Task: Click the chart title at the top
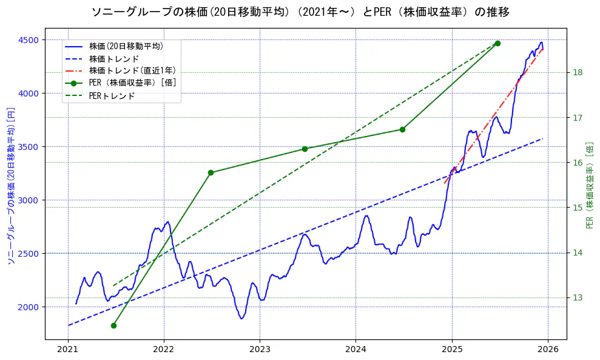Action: pos(300,12)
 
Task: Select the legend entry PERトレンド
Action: pos(112,96)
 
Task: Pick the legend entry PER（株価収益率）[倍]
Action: pos(133,83)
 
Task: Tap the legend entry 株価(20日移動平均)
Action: pos(126,46)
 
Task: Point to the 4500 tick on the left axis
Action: pos(29,40)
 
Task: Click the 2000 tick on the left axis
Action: pos(29,307)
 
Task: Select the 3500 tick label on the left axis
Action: pos(29,147)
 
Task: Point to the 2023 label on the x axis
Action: pos(260,349)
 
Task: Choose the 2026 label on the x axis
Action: pos(548,349)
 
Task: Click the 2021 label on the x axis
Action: pos(68,349)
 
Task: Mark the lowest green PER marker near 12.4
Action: pos(113,325)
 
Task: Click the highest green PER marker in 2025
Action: pos(497,43)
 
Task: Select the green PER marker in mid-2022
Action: pos(211,172)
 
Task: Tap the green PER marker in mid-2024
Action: pos(402,129)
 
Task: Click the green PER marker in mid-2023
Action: pos(305,149)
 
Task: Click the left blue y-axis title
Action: pos(10,185)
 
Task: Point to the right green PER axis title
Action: pos(589,185)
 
